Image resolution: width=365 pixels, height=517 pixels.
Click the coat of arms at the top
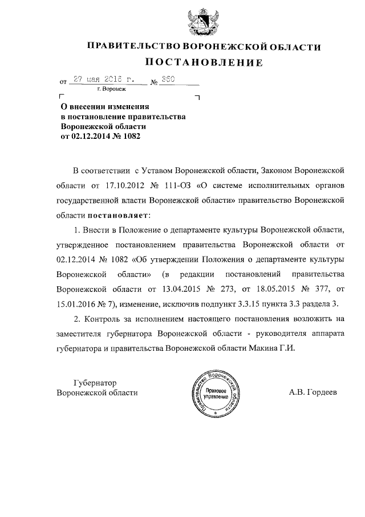202,22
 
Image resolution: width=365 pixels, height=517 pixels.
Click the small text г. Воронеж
113,90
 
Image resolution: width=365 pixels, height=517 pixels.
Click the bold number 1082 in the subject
131,137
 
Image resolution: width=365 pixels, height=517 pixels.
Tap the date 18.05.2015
277,288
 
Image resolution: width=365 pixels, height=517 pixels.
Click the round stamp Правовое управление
216,393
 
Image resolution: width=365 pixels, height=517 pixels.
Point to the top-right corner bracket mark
197,98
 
